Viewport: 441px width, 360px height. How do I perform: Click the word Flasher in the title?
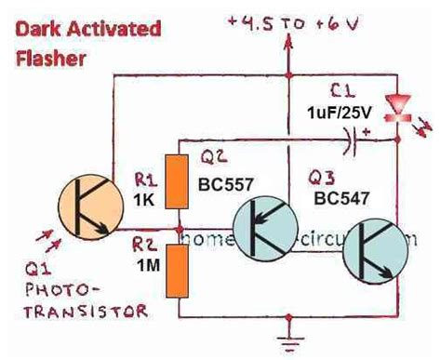click(52, 58)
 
